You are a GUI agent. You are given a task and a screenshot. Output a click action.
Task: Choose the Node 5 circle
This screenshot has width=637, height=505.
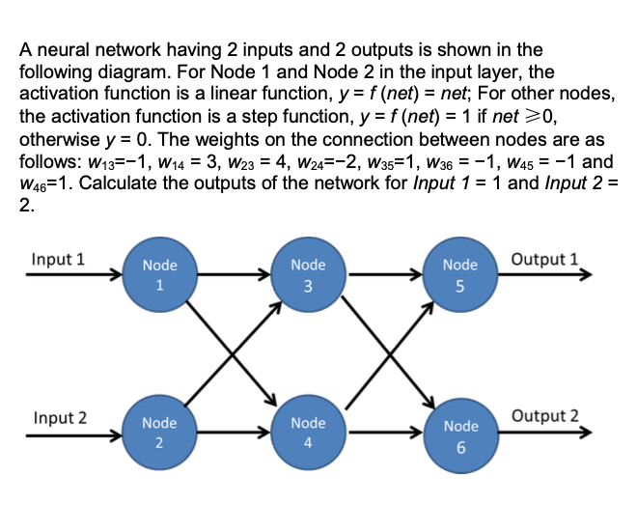coord(460,276)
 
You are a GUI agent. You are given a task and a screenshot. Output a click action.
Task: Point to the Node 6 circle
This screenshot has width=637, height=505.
coord(460,435)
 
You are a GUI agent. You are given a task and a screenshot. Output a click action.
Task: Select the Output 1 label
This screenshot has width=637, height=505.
coord(545,259)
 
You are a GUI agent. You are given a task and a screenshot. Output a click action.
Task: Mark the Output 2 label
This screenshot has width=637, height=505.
coord(546,416)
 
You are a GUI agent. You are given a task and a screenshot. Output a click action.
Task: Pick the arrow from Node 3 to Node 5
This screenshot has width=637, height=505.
coord(384,275)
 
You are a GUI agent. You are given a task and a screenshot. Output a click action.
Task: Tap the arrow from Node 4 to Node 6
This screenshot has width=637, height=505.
coord(384,434)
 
